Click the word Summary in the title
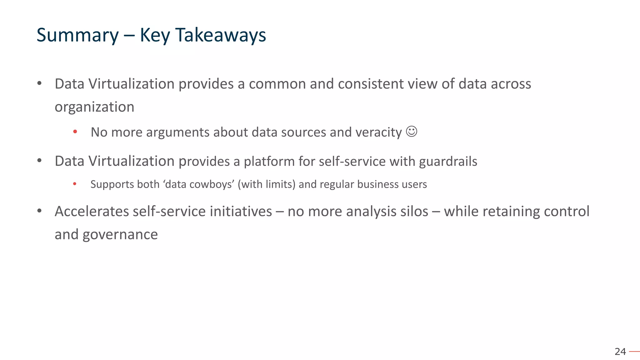[x=77, y=35]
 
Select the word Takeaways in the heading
[x=220, y=35]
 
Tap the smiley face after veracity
[x=412, y=132]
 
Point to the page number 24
[x=620, y=352]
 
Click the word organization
[x=94, y=107]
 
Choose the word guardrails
[x=448, y=162]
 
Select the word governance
[x=120, y=235]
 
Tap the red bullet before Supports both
[x=75, y=184]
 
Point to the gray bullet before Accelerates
[x=39, y=211]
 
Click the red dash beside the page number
[x=634, y=352]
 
